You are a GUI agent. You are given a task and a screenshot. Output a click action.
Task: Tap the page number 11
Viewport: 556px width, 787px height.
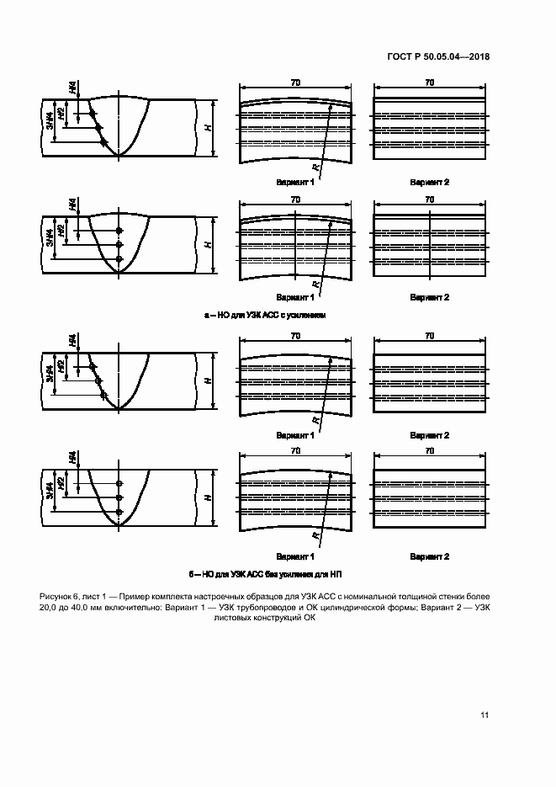485,715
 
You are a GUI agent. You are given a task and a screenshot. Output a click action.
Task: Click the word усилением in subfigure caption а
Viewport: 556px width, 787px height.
305,314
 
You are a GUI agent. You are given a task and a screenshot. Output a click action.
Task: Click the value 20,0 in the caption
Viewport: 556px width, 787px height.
51,609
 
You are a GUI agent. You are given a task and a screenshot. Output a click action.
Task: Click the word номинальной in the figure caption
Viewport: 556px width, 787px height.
408,597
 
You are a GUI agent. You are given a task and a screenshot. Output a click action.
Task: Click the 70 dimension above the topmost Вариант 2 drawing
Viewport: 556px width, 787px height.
429,83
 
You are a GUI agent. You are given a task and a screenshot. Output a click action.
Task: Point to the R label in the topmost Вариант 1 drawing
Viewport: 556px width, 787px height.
314,169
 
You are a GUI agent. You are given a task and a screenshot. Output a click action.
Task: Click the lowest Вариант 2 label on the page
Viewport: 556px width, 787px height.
429,556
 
